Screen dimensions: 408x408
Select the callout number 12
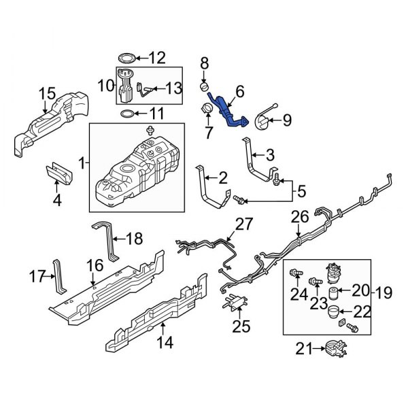157,57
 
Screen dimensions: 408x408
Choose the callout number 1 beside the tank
82,163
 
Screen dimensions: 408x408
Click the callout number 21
300,350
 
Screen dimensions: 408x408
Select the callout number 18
137,238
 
